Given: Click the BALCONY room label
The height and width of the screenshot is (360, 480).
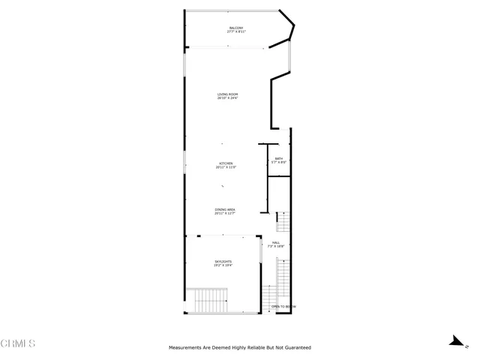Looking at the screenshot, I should (236, 28).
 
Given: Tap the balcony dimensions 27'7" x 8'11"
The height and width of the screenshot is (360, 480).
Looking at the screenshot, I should (236, 32).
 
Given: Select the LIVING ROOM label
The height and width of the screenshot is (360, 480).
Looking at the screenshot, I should (227, 94).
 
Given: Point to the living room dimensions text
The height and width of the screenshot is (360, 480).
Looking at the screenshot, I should (227, 98).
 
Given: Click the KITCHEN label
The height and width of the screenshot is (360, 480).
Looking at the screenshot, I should (225, 163).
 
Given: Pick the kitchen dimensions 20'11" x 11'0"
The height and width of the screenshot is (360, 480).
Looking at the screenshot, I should (225, 168).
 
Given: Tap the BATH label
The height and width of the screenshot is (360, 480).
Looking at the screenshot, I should (278, 158).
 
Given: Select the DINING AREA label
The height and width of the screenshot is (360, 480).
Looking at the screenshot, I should (225, 210).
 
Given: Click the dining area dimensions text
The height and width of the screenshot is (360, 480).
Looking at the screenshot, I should (225, 214).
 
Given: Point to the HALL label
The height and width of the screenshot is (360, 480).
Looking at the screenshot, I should (276, 242).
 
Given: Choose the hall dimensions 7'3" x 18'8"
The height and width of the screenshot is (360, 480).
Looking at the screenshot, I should (276, 247).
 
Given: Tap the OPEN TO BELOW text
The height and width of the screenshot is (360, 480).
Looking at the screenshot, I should (283, 307).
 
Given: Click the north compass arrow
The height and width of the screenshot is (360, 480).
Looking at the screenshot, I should (454, 342).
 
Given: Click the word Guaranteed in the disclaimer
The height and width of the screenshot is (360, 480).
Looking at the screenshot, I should (296, 348).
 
